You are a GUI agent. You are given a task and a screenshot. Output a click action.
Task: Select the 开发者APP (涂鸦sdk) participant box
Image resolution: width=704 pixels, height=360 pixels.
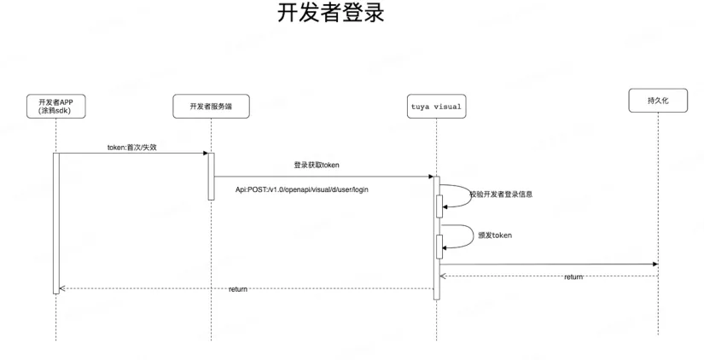coord(55,107)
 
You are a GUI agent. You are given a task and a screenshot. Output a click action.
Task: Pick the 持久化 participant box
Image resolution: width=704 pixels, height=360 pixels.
coord(658,100)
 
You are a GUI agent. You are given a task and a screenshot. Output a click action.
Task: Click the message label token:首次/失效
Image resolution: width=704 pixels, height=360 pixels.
coord(131,147)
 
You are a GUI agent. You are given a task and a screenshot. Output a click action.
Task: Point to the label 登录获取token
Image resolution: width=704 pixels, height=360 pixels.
coord(317,164)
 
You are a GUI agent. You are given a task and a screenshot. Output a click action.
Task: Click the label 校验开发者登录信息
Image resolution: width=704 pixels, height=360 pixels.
coord(501,195)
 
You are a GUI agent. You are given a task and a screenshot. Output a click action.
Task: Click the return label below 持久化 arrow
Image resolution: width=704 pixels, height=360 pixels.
coord(573,277)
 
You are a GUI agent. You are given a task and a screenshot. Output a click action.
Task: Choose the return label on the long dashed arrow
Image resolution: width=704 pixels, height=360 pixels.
coord(238,290)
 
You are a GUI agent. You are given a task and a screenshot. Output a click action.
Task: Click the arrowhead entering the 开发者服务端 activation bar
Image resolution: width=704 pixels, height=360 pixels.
coord(205,154)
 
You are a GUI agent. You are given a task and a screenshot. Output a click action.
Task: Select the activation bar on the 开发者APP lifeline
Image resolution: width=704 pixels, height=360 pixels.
coord(56,222)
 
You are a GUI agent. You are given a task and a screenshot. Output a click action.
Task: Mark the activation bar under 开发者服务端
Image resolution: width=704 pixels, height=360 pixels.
coord(211,177)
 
